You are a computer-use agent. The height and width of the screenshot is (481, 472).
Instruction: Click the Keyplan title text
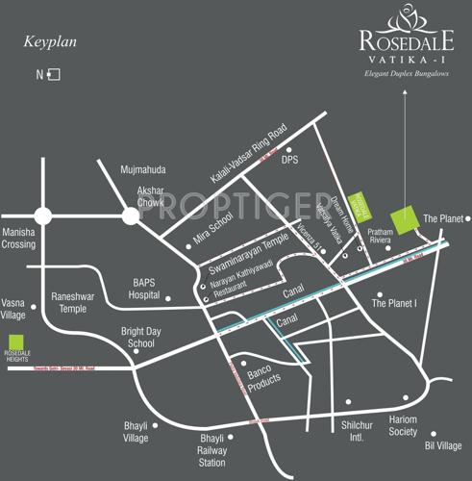click(50, 42)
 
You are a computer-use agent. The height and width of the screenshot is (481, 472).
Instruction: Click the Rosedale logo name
click(402, 40)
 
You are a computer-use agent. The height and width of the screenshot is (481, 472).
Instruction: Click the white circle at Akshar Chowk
click(130, 216)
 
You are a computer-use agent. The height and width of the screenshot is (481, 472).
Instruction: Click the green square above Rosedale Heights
click(15, 342)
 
